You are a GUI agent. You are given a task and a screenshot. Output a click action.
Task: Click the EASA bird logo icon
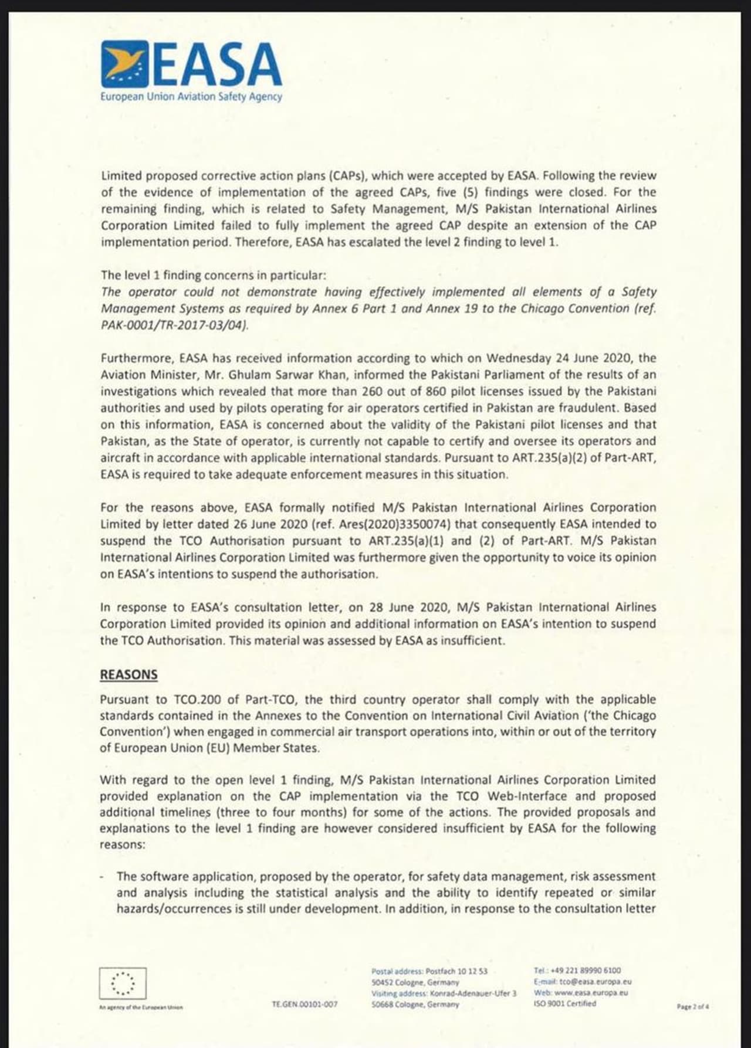124,64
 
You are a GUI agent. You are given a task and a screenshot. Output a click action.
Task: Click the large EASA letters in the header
217,64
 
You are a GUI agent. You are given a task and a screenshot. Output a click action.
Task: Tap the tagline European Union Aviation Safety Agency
191,97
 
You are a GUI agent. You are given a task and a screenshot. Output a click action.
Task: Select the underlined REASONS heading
128,674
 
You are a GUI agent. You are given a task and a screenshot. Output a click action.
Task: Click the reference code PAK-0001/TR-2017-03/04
174,325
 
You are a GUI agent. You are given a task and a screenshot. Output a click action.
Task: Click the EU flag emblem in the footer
123,983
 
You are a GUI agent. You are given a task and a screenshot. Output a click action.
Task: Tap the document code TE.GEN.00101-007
305,1005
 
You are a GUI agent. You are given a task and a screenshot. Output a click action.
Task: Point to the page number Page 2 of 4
693,1006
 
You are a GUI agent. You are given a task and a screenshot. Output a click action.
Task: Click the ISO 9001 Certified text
564,1003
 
